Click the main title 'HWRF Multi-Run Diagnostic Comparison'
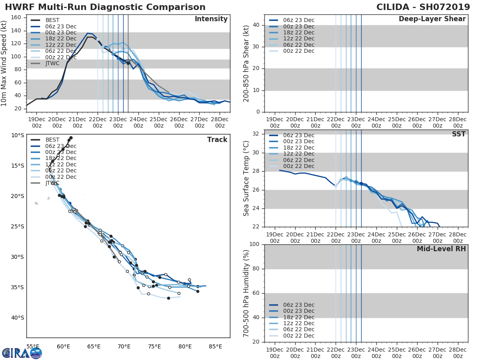pyautogui.click(x=105, y=7)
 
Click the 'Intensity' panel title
pyautogui.click(x=211, y=19)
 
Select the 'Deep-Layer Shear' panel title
pyautogui.click(x=432, y=19)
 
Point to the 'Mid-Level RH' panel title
pyautogui.click(x=441, y=249)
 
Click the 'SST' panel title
pyautogui.click(x=459, y=134)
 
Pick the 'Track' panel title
pyautogui.click(x=217, y=140)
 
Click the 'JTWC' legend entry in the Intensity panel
pyautogui.click(x=52, y=63)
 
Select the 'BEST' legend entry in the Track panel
pyautogui.click(x=52, y=140)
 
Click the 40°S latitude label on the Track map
pyautogui.click(x=17, y=318)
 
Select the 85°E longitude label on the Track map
pyautogui.click(x=215, y=346)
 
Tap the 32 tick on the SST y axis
pyautogui.click(x=256, y=134)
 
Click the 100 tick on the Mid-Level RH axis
pyautogui.click(x=254, y=244)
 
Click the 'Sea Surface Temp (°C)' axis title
pyautogui.click(x=246, y=178)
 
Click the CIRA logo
pyautogui.click(x=22, y=353)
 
